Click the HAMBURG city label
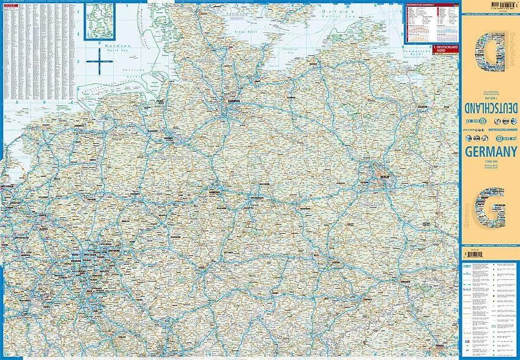point(233,101)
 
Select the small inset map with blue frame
point(103,21)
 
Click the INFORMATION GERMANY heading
point(422,6)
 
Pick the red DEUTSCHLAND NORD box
point(444,48)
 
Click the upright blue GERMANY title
point(490,151)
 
